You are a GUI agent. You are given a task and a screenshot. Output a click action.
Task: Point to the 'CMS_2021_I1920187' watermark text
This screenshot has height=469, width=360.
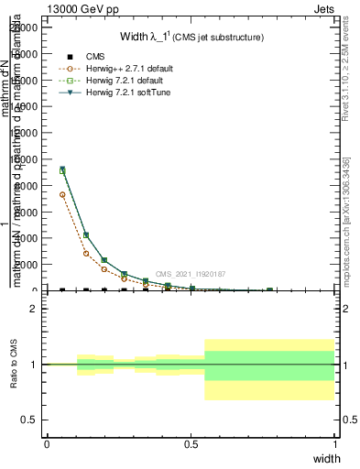pyautogui.click(x=190, y=274)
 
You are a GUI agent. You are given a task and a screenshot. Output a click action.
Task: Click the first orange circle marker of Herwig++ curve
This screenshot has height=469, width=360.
pyautogui.click(x=62, y=194)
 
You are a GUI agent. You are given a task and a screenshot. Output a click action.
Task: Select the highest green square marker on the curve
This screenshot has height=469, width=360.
pyautogui.click(x=62, y=170)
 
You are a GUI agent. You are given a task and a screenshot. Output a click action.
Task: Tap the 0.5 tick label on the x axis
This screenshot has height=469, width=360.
pyautogui.click(x=191, y=443)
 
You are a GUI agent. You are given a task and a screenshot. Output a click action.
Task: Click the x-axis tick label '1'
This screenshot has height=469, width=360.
pyautogui.click(x=335, y=443)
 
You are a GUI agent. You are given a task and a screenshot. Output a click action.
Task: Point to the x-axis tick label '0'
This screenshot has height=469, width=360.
pyautogui.click(x=47, y=443)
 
